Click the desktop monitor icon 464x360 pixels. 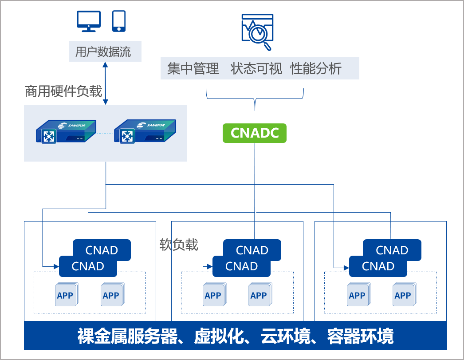tap(88, 21)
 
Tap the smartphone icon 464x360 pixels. tap(119, 21)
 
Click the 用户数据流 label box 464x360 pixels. tap(105, 51)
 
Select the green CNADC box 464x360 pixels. tap(255, 133)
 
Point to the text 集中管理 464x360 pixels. tap(193, 69)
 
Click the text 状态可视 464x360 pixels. tap(256, 69)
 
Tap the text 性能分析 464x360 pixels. tap(316, 69)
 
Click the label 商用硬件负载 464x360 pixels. tap(63, 91)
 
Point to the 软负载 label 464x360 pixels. tap(179, 245)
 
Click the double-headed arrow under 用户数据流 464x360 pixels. tap(105, 83)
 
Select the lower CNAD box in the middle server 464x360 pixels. tap(241, 266)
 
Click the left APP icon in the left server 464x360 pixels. tap(66, 295)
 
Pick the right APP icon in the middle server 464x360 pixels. tap(260, 295)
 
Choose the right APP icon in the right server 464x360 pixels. tap(404, 295)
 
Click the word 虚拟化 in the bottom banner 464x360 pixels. tap(219, 336)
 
